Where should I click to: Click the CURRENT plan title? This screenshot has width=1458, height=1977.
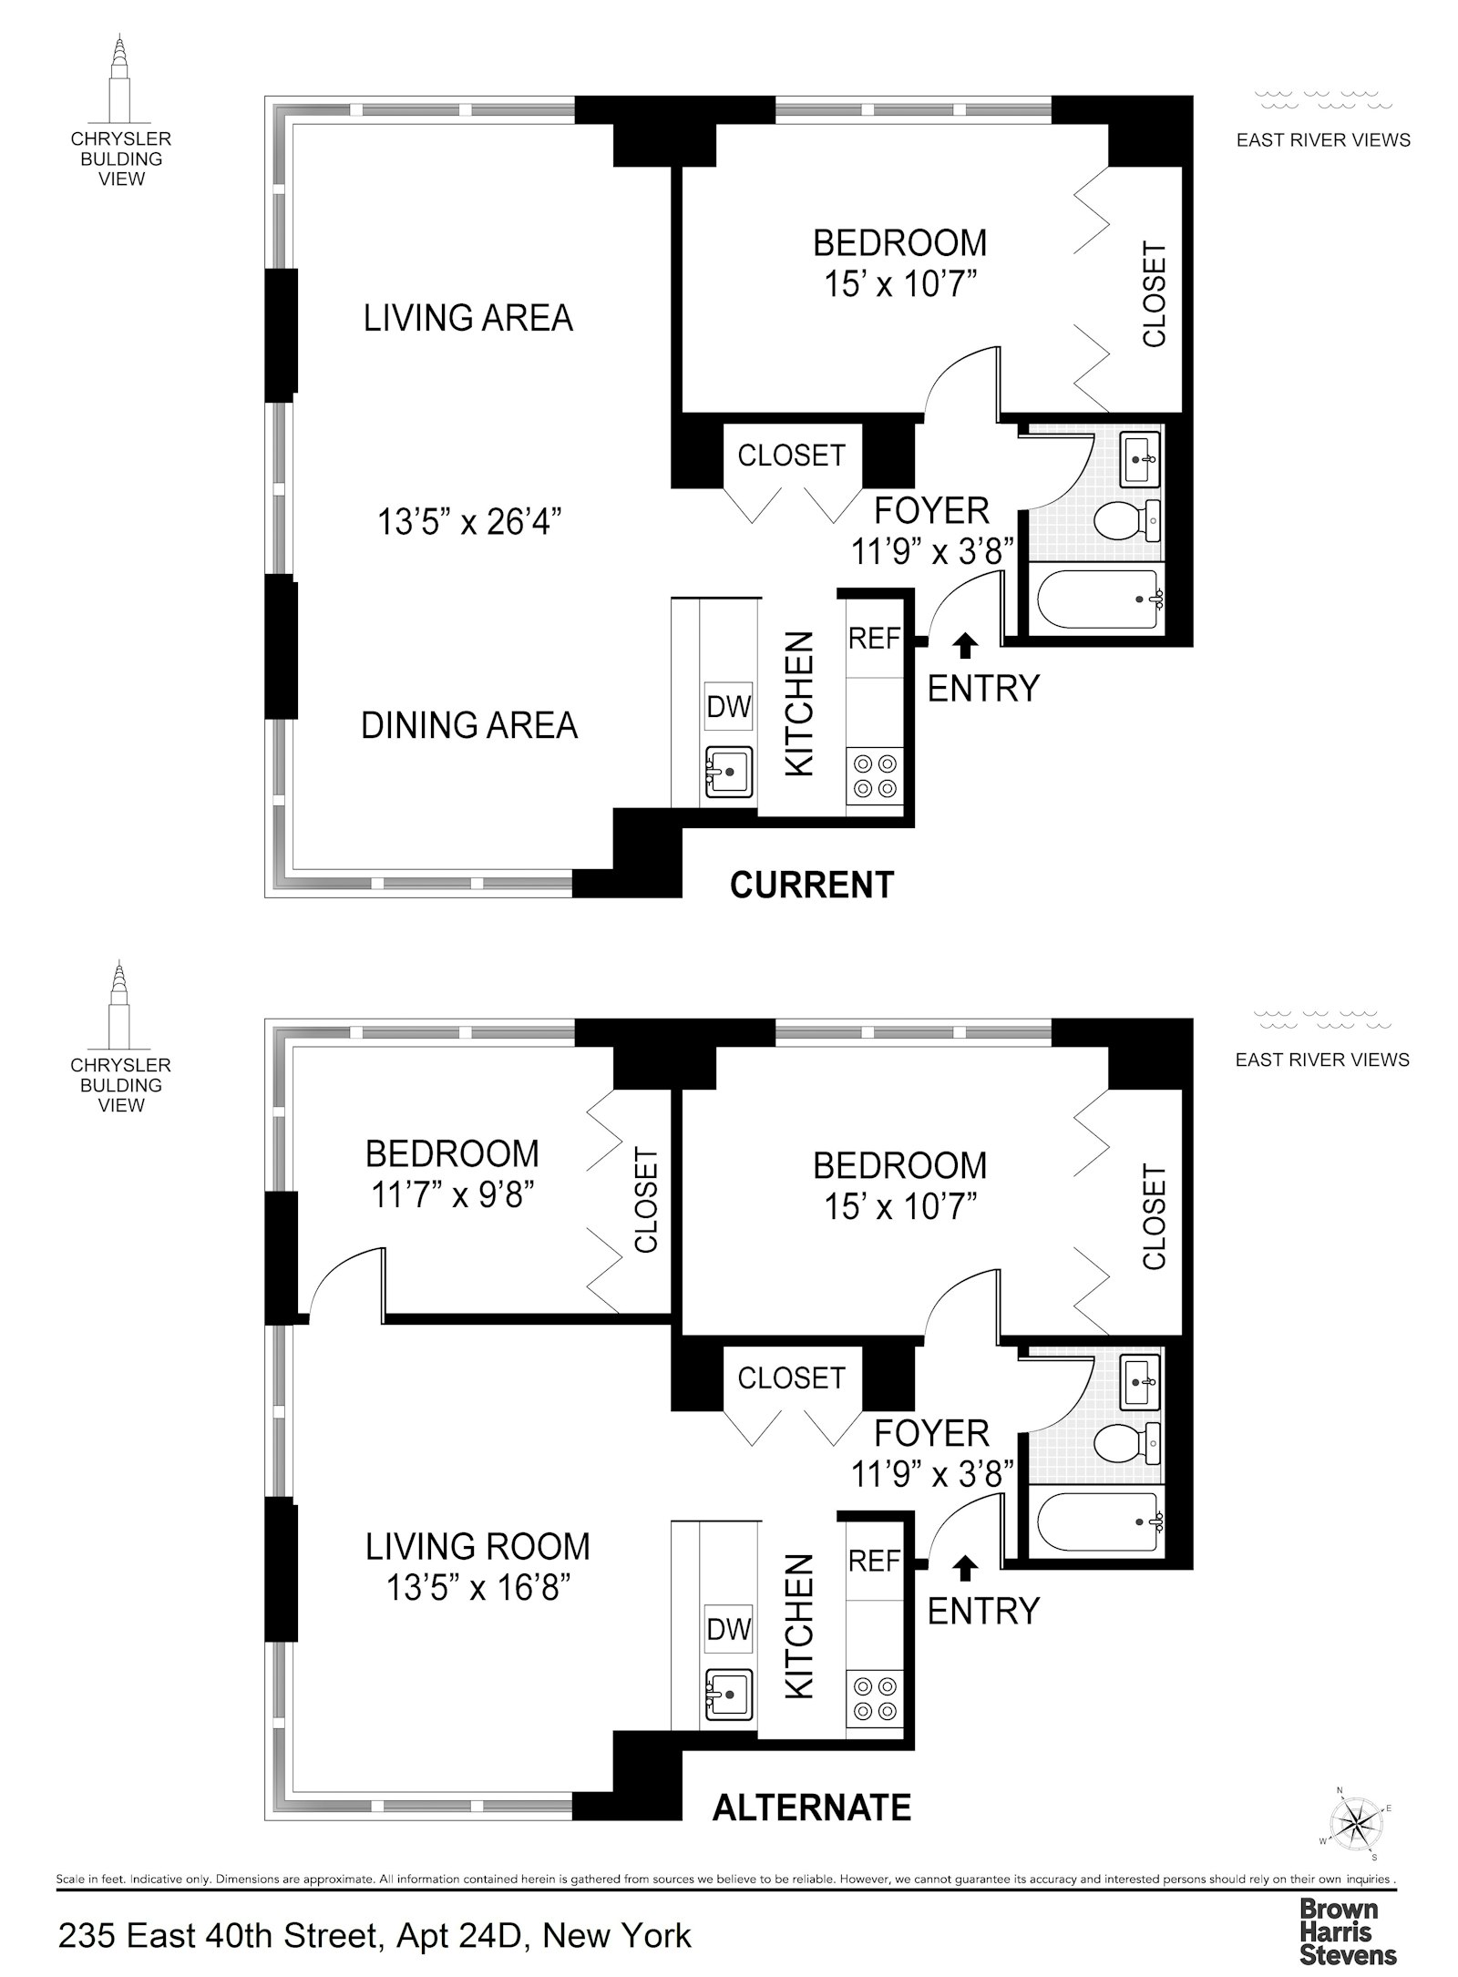tap(812, 886)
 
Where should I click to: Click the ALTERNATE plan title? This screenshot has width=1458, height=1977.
tap(812, 1808)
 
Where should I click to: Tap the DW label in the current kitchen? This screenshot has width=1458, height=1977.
tap(728, 707)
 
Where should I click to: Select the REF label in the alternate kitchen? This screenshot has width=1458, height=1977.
tap(874, 1562)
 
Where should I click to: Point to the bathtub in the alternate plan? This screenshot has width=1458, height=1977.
tap(1093, 1521)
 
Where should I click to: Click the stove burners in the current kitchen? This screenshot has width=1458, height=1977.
tap(874, 776)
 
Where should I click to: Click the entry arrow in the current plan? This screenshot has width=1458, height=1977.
tap(965, 646)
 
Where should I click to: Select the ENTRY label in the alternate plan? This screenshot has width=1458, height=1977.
tap(983, 1612)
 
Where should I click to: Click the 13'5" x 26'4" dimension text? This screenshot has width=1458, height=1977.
tap(469, 523)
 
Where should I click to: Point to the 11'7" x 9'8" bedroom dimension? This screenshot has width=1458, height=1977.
tap(452, 1194)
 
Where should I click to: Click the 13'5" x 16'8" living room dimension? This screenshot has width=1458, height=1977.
tap(477, 1589)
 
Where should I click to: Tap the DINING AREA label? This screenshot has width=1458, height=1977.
tap(469, 726)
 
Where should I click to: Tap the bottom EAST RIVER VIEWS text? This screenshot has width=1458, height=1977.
tap(1322, 1060)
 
